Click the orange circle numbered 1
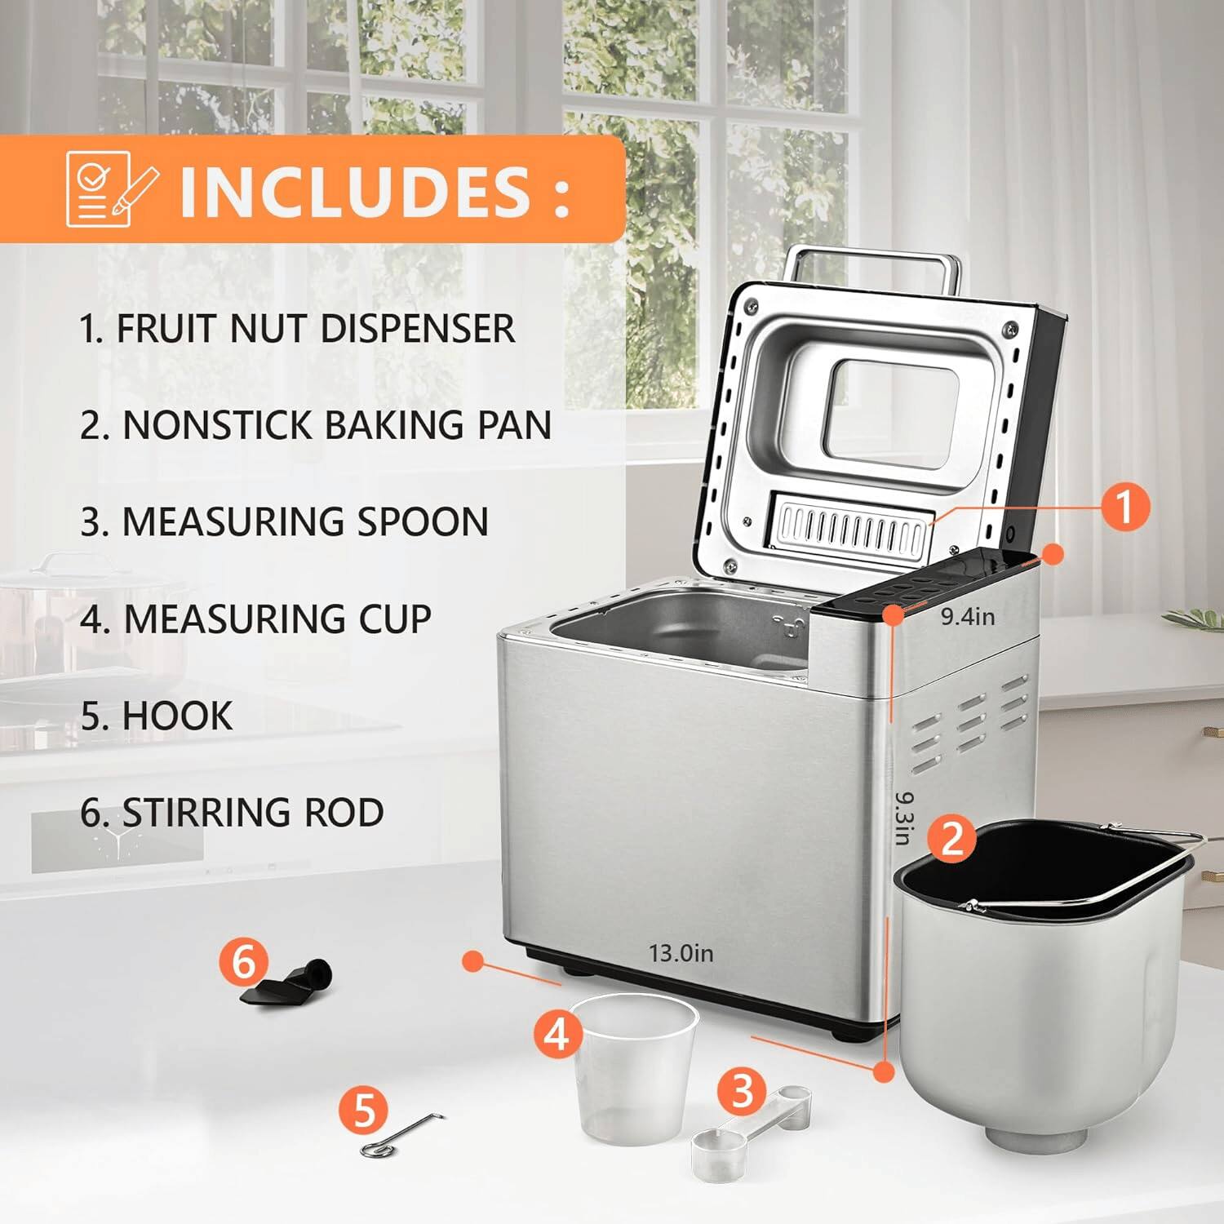(1124, 506)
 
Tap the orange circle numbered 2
(951, 838)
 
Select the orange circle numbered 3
(742, 1091)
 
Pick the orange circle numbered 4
(558, 1034)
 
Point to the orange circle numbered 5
(364, 1110)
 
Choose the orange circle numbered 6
(244, 962)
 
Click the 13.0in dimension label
(681, 952)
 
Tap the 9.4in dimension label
(968, 616)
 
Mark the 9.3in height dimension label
(904, 818)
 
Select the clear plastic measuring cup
(634, 1069)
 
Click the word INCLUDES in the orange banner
(355, 191)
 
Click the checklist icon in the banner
(109, 189)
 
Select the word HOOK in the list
(177, 716)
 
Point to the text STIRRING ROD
(253, 812)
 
